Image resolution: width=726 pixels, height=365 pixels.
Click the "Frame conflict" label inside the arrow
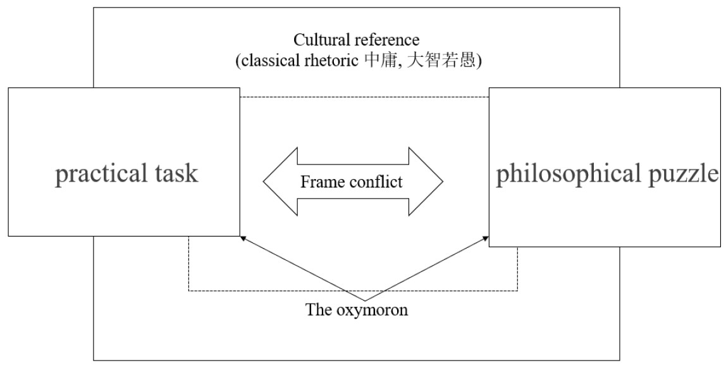[352, 182]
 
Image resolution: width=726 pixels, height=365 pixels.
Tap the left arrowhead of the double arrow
[275, 182]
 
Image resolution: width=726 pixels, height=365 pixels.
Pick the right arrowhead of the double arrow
[431, 182]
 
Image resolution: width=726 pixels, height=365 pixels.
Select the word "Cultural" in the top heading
[320, 39]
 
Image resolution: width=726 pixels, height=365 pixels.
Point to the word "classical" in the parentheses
[271, 61]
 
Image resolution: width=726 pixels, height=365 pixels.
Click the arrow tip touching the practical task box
[241, 238]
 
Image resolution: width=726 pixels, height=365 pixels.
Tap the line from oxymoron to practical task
[302, 269]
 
